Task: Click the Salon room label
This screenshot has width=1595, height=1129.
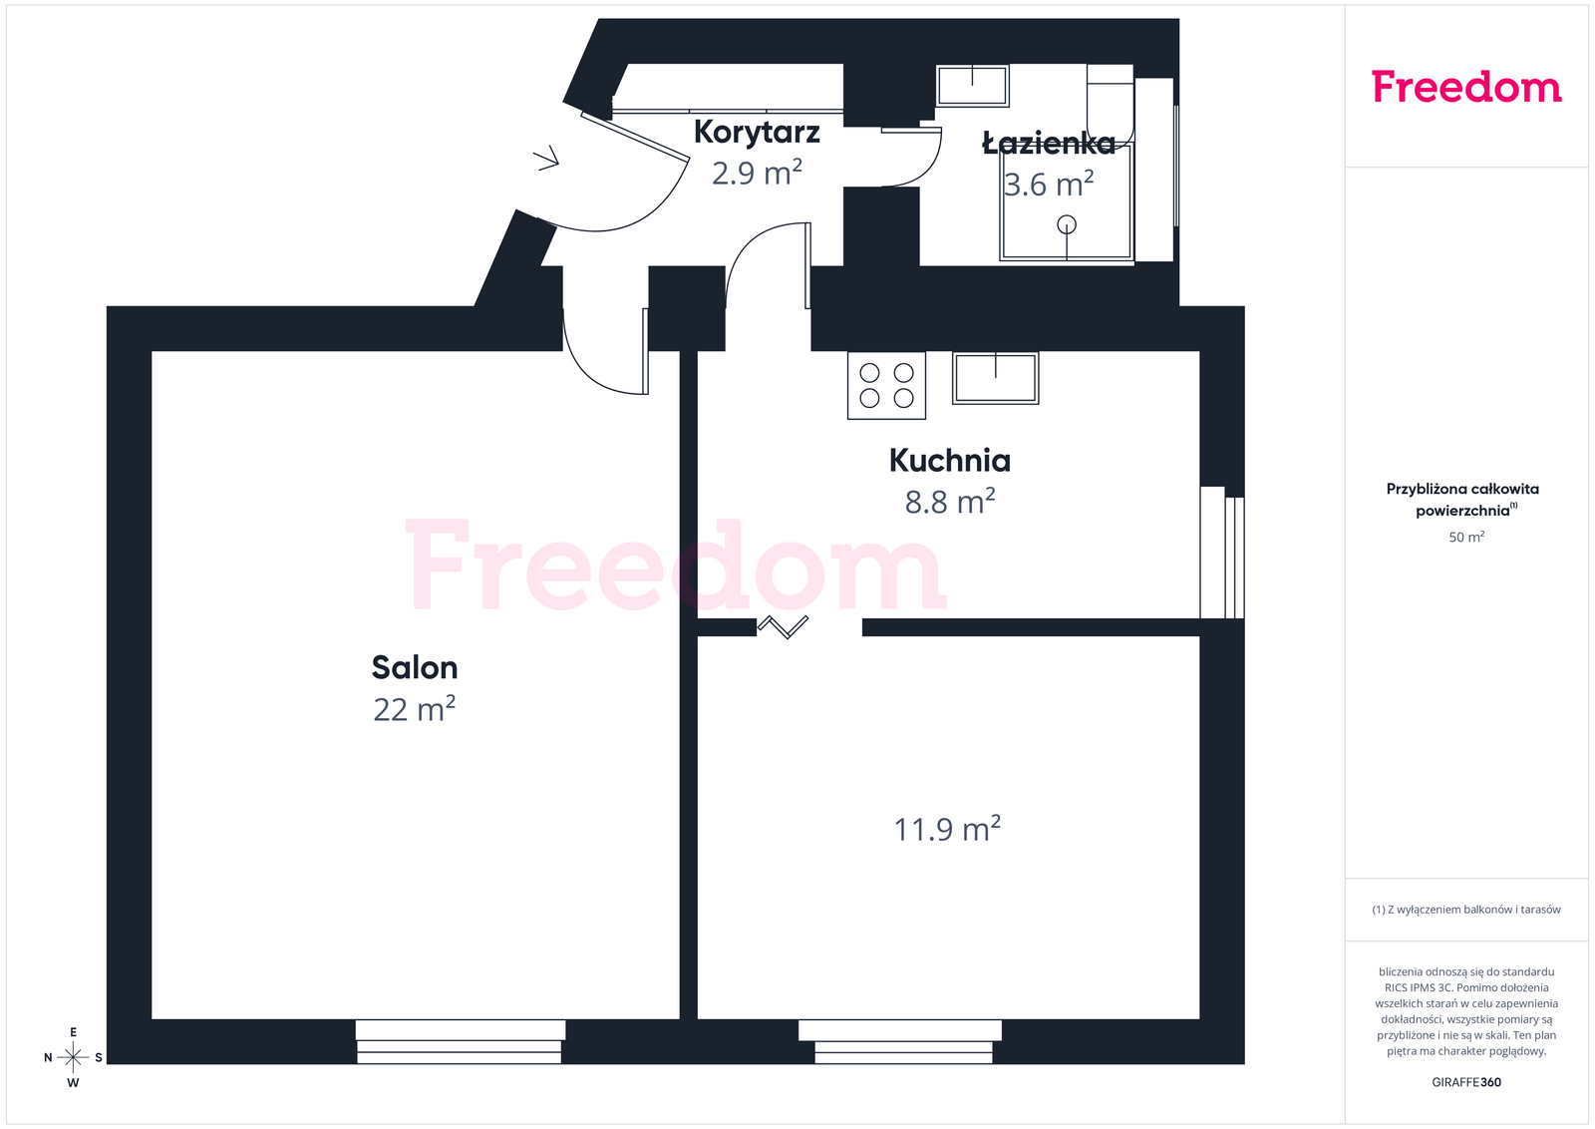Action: tap(415, 667)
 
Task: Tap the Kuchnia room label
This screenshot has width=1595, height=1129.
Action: tap(950, 460)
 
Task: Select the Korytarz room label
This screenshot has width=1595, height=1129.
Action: tap(757, 133)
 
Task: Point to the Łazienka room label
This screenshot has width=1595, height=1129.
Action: tap(1049, 144)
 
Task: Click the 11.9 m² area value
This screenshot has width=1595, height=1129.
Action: tap(947, 829)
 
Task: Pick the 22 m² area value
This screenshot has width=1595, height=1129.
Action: tap(415, 709)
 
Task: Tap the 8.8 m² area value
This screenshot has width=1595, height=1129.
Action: tap(950, 502)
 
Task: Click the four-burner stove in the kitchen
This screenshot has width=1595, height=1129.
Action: tap(886, 385)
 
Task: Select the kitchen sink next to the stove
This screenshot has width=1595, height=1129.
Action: tap(996, 378)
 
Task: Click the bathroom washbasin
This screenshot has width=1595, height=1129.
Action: tap(973, 86)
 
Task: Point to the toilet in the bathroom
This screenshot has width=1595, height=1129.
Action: tap(1111, 106)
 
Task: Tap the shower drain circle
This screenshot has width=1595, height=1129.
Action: tap(1067, 224)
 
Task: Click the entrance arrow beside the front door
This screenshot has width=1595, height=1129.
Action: tap(547, 159)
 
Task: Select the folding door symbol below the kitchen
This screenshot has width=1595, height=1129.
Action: tap(784, 626)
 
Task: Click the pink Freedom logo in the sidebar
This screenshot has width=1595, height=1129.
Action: tap(1466, 87)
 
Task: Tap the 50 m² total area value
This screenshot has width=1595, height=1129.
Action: tap(1466, 538)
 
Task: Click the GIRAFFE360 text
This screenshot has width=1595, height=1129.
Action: tap(1466, 1083)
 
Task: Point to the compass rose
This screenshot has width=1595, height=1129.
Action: tap(73, 1057)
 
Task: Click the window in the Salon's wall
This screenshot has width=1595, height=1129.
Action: tap(460, 1041)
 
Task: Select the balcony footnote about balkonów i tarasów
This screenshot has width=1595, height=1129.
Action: tap(1466, 910)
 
